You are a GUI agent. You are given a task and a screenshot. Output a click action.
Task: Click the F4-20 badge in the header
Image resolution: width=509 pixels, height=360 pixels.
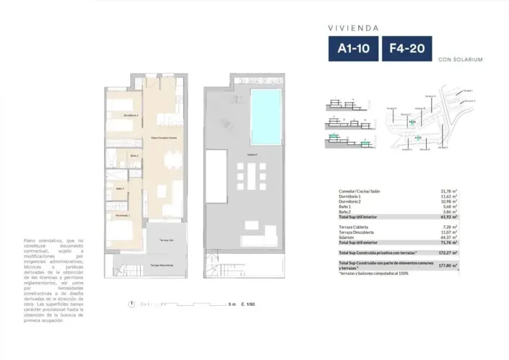tap(406, 49)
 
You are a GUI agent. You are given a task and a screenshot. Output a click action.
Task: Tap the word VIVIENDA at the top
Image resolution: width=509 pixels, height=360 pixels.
tap(354, 27)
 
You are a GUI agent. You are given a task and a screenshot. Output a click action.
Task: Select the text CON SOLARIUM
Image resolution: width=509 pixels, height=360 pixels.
tap(460, 59)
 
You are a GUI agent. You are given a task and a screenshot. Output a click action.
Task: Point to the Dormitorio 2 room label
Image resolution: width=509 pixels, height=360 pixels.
tap(131, 115)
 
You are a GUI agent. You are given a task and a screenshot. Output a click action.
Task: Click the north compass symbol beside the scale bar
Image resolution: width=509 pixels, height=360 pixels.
tap(131, 304)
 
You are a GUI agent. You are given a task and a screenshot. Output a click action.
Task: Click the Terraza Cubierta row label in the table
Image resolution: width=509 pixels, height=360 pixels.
tap(354, 227)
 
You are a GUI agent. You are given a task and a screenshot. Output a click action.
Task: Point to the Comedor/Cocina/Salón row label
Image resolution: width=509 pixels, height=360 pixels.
tap(360, 191)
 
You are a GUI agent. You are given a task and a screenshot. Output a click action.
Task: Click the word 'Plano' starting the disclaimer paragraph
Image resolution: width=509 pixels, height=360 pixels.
tap(30, 240)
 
